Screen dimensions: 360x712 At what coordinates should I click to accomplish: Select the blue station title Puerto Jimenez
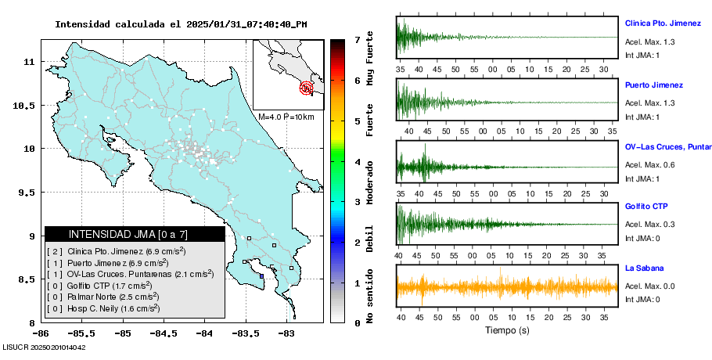tap(654, 85)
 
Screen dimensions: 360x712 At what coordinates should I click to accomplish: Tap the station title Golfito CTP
tap(645, 207)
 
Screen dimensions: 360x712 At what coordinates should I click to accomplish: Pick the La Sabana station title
tap(644, 268)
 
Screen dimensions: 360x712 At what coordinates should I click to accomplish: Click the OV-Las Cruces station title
tap(667, 146)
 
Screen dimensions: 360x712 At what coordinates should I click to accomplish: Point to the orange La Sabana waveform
tap(507, 287)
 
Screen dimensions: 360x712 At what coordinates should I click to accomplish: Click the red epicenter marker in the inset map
tap(307, 88)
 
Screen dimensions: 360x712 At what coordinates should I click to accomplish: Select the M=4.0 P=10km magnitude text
tap(286, 117)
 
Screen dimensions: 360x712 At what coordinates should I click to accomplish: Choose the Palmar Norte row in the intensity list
tap(102, 297)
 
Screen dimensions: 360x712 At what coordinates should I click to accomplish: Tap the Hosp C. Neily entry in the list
tap(102, 308)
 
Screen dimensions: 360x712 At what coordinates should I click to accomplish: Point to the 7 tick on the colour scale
tap(356, 39)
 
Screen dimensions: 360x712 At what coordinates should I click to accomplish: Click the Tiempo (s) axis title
tap(507, 330)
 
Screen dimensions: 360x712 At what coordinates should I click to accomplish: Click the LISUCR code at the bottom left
tap(44, 347)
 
